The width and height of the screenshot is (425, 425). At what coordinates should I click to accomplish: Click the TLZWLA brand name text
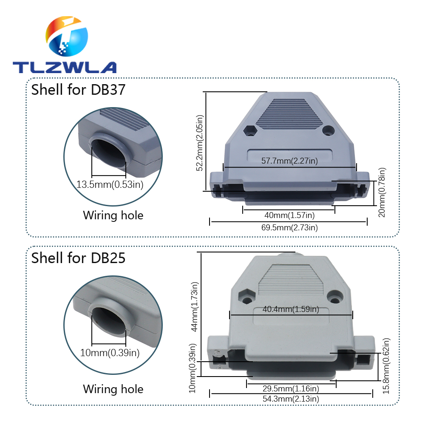(x=64, y=67)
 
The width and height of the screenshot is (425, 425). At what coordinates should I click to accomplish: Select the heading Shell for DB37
(x=78, y=90)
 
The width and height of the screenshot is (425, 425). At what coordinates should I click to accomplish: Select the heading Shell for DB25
(x=78, y=258)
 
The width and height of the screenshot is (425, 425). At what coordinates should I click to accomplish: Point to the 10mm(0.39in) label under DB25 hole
(x=110, y=352)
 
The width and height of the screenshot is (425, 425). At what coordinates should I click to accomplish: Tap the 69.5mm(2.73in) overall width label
(x=289, y=228)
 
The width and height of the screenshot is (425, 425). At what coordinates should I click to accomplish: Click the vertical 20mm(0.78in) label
(x=382, y=192)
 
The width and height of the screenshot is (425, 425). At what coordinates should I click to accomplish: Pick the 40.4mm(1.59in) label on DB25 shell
(x=291, y=309)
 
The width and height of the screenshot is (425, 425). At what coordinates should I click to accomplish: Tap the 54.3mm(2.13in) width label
(x=291, y=399)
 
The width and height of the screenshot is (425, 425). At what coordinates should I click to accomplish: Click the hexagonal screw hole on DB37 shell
(x=250, y=130)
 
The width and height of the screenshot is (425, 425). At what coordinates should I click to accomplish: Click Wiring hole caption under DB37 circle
(x=113, y=215)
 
